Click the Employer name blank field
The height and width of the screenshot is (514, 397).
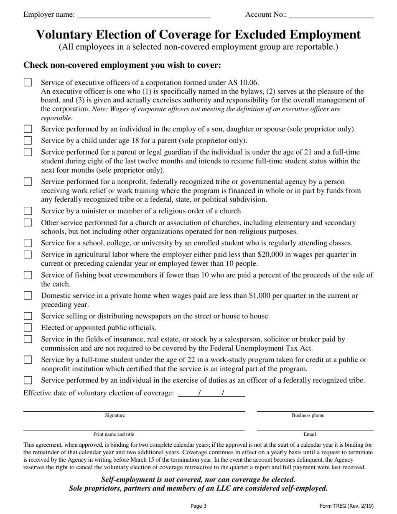(143, 15)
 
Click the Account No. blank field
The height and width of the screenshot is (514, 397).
(331, 15)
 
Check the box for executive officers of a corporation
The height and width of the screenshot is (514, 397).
(28, 82)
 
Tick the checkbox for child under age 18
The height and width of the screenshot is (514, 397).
(28, 140)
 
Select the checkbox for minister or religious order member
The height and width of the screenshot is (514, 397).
(28, 211)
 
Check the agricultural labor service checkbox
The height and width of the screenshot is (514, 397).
(28, 254)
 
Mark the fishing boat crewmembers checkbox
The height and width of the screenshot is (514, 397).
(28, 275)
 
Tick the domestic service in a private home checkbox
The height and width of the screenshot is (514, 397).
(28, 295)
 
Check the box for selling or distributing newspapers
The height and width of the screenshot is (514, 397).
(28, 316)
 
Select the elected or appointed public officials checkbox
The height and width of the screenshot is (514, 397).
(28, 328)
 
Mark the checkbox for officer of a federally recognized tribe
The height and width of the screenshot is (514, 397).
(28, 380)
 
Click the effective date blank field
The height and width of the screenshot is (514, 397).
(211, 393)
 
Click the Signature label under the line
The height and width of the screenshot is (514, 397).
(115, 415)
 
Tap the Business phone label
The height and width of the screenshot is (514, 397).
(308, 415)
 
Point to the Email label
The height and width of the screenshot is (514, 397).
(310, 434)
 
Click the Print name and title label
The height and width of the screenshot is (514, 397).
(114, 434)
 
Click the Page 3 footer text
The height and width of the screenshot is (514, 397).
(198, 506)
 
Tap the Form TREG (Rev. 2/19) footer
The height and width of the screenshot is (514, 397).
(346, 506)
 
